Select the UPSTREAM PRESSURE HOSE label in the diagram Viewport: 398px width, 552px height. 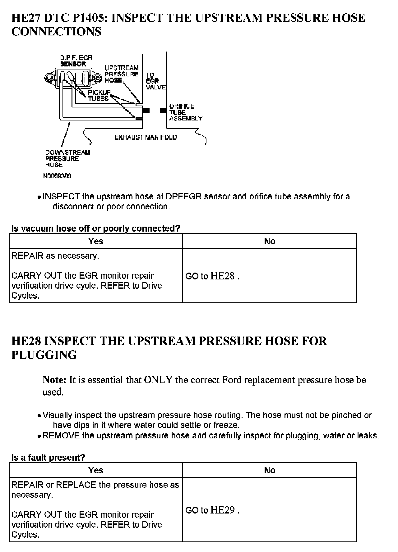pos(121,74)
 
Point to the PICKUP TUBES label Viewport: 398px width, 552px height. pos(99,95)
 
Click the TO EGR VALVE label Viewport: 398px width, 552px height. pos(155,81)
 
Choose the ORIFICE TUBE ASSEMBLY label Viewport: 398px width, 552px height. pos(185,112)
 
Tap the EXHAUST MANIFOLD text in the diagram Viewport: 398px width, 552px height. pos(146,137)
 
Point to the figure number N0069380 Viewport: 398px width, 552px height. pos(57,176)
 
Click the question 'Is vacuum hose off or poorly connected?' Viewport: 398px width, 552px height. pos(95,228)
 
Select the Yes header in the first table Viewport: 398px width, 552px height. pos(96,241)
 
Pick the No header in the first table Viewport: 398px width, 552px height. pos(270,241)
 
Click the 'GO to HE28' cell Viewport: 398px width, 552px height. pos(212,276)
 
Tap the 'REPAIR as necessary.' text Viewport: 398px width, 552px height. pos(55,256)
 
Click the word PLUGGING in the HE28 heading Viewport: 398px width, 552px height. pos(44,355)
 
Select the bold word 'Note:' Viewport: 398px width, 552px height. pos(54,380)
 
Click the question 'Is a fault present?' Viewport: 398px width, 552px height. pos(48,458)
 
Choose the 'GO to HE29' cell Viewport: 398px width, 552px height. pos(212,510)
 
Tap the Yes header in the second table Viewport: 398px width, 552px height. pos(96,470)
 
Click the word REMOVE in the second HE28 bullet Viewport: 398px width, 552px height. pos(61,436)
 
